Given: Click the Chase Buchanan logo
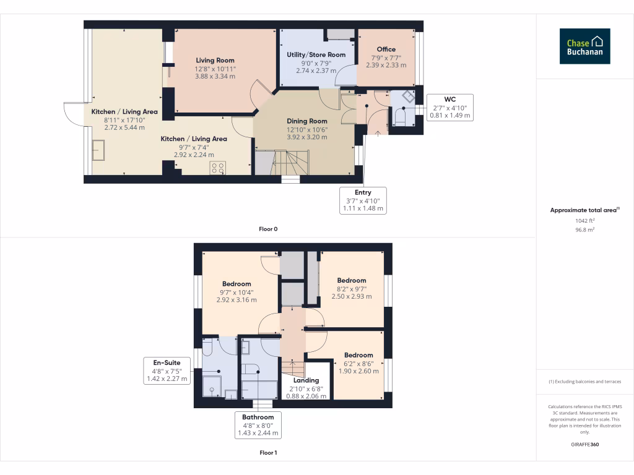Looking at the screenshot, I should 584,46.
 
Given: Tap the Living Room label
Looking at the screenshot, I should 215,61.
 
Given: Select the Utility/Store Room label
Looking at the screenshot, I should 316,55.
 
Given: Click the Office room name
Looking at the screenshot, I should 386,49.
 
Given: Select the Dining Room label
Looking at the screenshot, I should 306,121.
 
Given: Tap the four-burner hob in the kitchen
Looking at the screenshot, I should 218,167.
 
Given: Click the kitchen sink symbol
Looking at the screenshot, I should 99,150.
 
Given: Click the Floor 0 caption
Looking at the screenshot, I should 268,229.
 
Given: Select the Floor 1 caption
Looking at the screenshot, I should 268,453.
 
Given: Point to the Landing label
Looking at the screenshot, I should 305,380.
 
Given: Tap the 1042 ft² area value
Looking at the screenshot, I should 584,220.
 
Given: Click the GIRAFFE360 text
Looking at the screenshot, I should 584,445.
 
